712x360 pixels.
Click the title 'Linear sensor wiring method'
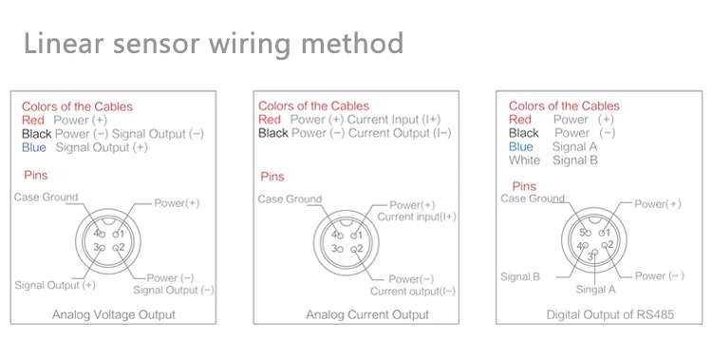pyautogui.click(x=214, y=43)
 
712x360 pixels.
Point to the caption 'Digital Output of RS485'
pyautogui.click(x=609, y=314)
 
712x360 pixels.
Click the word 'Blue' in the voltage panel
pyautogui.click(x=35, y=147)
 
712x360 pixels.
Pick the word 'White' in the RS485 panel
pyautogui.click(x=525, y=161)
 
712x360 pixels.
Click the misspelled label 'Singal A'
pyautogui.click(x=596, y=288)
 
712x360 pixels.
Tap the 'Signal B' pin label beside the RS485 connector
pyautogui.click(x=520, y=276)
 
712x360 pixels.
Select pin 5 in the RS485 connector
pyautogui.click(x=584, y=233)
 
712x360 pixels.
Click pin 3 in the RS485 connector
pyautogui.click(x=590, y=256)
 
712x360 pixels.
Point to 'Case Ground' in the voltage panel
pyautogui.click(x=46, y=197)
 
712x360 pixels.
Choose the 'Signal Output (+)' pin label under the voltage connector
pyautogui.click(x=55, y=284)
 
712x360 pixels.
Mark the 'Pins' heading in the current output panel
pyautogui.click(x=272, y=177)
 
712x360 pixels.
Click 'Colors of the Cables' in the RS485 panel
pyautogui.click(x=564, y=106)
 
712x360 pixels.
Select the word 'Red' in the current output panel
pyautogui.click(x=270, y=120)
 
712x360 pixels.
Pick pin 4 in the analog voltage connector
pyautogui.click(x=97, y=233)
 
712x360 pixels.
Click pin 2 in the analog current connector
pyautogui.click(x=355, y=248)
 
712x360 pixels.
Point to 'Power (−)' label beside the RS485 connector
pyautogui.click(x=659, y=275)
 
